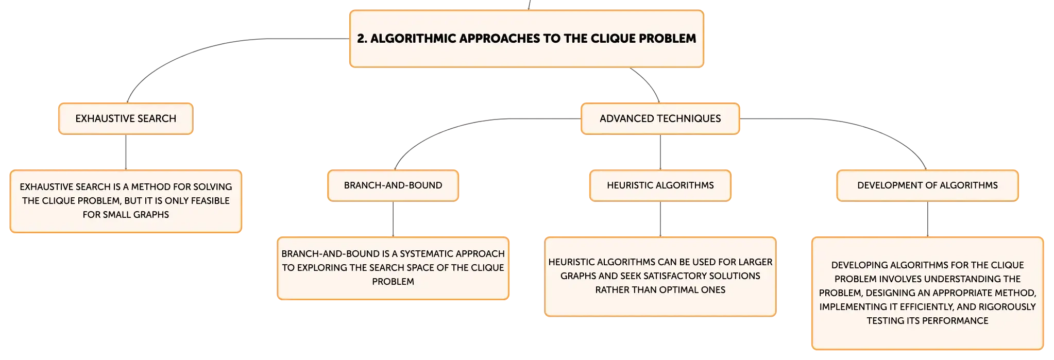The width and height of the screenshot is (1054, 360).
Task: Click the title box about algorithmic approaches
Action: coord(526,39)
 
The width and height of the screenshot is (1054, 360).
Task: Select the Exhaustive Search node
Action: coord(126,118)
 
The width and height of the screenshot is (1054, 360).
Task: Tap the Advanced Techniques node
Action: coord(660,118)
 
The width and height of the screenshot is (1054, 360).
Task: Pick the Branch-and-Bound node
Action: coord(393,185)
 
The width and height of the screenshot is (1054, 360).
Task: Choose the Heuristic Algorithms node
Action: coord(660,185)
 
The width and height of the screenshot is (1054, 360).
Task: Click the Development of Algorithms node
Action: coord(927,185)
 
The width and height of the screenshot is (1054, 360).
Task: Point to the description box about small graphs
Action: coord(126,201)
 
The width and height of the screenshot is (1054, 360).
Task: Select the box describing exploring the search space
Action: coord(393,268)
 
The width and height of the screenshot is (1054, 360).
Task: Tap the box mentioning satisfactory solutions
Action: coord(660,276)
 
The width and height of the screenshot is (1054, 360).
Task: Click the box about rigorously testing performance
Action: coord(927,293)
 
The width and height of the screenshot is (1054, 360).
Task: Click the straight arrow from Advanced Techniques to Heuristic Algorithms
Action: coord(660,152)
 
